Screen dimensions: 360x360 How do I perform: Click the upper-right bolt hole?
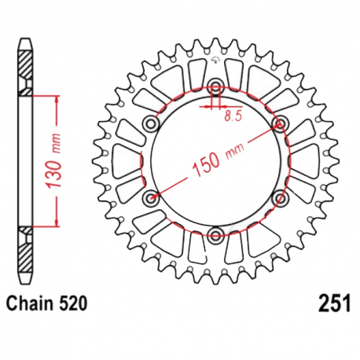pos(278,123)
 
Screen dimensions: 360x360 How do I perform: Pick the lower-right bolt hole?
pos(278,197)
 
